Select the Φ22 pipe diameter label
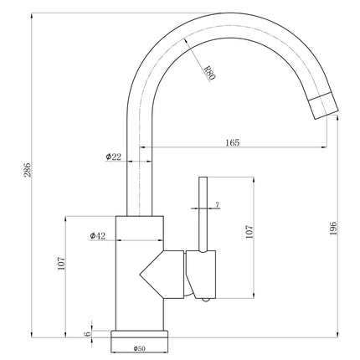tap(114, 157)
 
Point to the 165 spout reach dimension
tap(232, 143)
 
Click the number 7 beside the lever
tap(218, 204)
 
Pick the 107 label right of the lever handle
tap(248, 232)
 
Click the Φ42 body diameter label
tap(97, 237)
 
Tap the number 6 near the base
tap(87, 333)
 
